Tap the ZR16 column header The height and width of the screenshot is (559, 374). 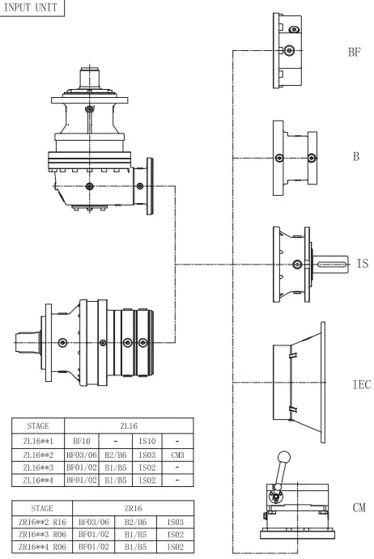pyautogui.click(x=129, y=510)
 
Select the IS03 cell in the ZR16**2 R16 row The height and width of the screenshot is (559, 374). pyautogui.click(x=167, y=524)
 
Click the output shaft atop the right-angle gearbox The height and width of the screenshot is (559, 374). pyautogui.click(x=88, y=81)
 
